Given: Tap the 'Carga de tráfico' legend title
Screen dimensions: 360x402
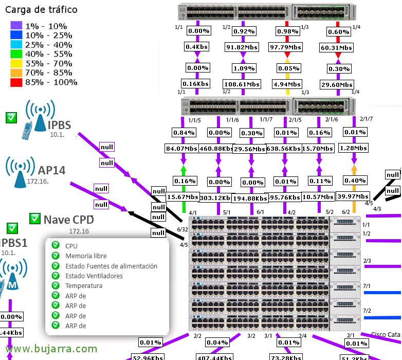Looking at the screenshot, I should point(41,10).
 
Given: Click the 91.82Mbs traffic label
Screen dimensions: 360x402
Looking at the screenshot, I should point(239,47).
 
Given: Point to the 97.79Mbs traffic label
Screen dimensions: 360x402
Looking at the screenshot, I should point(287,47).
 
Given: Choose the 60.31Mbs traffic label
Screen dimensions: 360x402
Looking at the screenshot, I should point(338,47).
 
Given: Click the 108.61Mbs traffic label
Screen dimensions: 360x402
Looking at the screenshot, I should point(239,84).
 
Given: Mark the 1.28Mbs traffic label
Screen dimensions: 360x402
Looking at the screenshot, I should point(354,148).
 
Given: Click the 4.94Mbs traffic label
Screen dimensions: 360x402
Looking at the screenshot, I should point(287,84).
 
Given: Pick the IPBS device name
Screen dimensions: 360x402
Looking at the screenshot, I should point(59,124).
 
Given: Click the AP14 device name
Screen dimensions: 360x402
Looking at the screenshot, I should point(51,170).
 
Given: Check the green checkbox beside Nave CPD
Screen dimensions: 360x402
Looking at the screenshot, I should point(35,219).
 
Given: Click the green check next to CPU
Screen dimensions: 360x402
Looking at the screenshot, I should point(56,246).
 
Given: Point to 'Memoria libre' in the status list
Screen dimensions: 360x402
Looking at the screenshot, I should point(86,256).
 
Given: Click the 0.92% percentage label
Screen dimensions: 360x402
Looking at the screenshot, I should point(240,31).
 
